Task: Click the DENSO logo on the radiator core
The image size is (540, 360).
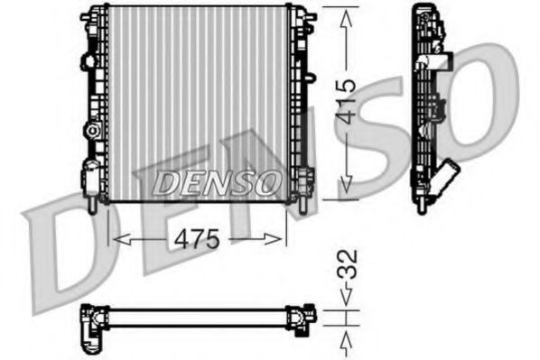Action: pyautogui.click(x=216, y=182)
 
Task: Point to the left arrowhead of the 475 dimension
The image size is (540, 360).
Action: pyautogui.click(x=115, y=239)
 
